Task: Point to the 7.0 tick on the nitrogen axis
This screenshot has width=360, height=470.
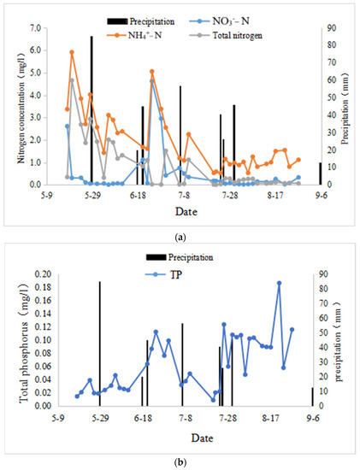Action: [x=37, y=28]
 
